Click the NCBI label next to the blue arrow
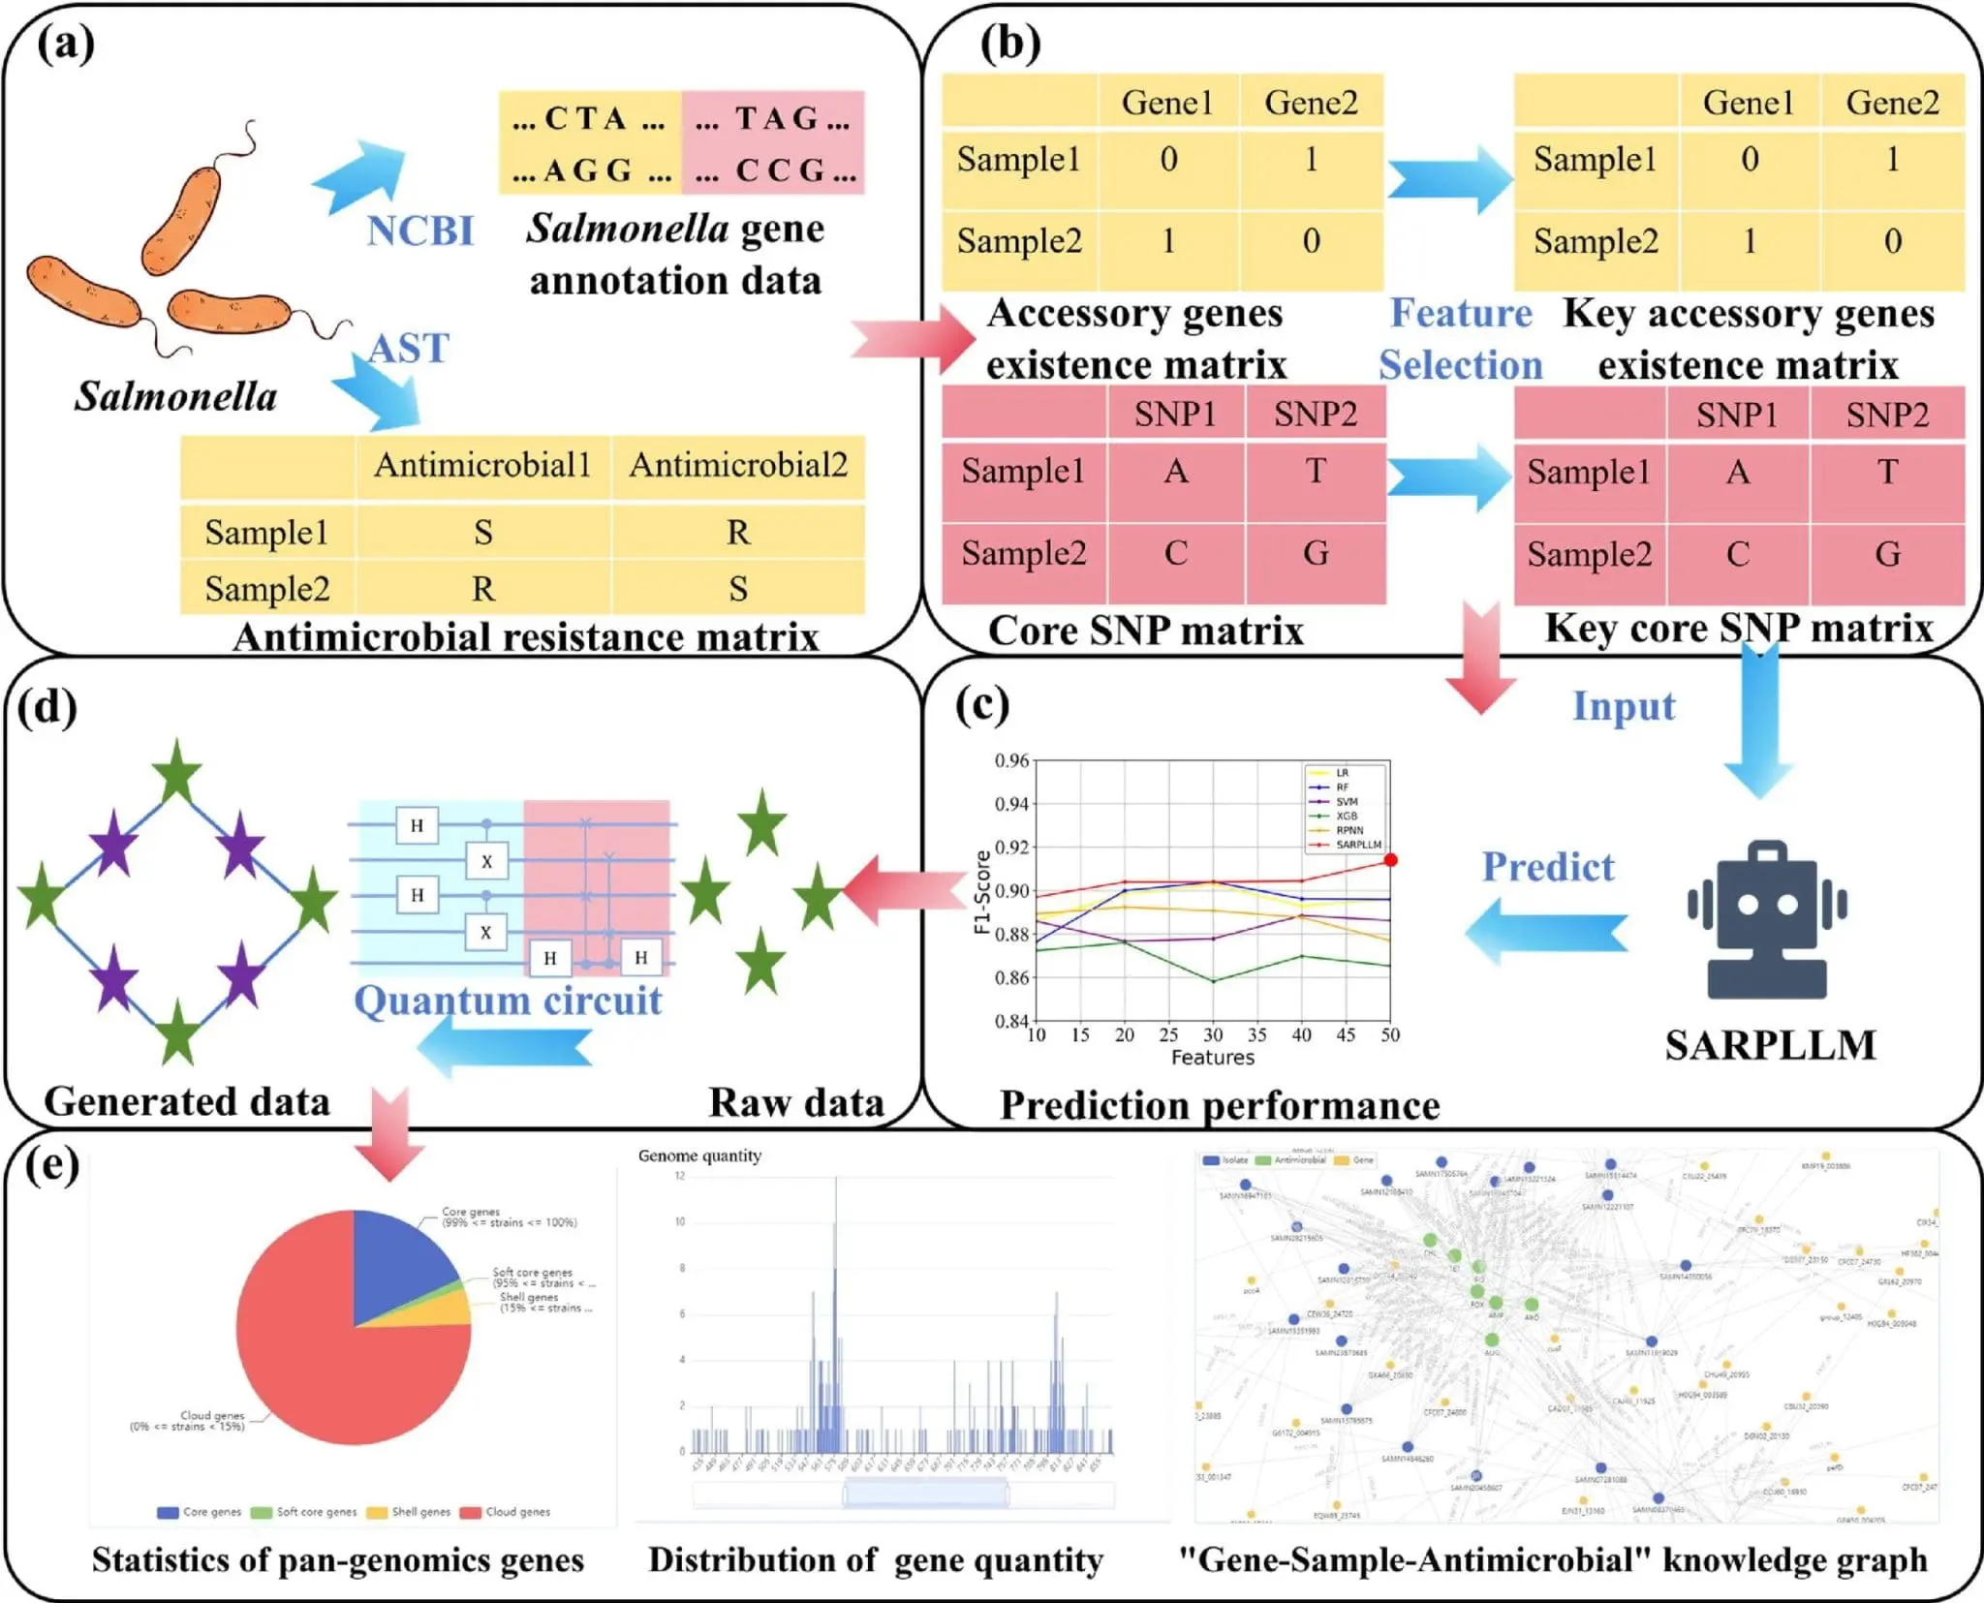click(x=419, y=231)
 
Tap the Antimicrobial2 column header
click(x=738, y=466)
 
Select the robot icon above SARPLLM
click(x=1767, y=920)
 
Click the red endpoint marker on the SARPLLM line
click(x=1390, y=860)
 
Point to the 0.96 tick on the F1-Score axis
click(x=1012, y=761)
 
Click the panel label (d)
click(x=46, y=708)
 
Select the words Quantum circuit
click(x=508, y=1001)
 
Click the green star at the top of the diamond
click(x=177, y=772)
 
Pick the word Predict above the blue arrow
click(x=1548, y=867)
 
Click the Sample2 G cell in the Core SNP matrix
click(x=1315, y=554)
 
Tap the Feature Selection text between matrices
click(x=1461, y=339)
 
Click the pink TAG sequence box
click(x=772, y=143)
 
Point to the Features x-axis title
click(x=1212, y=1058)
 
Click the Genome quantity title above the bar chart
click(x=699, y=1156)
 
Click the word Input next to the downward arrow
click(x=1624, y=706)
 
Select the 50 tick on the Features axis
click(x=1390, y=1035)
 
